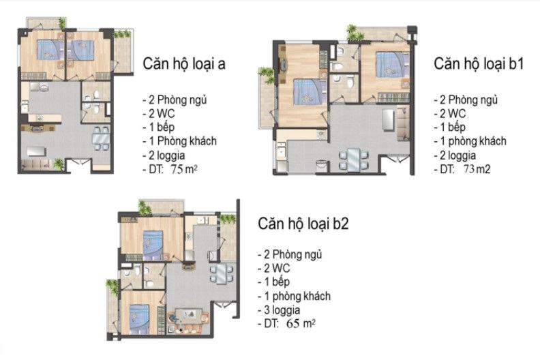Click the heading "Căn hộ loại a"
[184, 64]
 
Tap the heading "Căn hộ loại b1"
[479, 64]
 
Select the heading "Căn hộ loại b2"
[303, 224]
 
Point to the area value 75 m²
[184, 170]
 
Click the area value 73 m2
[477, 169]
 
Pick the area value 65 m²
[300, 323]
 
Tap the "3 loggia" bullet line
[279, 310]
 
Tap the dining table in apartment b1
[354, 160]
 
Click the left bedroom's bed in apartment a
[50, 50]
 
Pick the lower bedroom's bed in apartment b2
[140, 319]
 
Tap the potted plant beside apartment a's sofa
[59, 164]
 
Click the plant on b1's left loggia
[267, 75]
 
